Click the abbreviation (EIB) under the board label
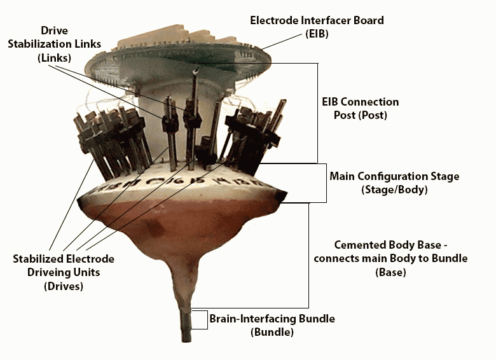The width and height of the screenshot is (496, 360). [316, 34]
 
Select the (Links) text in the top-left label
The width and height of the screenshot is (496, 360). [54, 57]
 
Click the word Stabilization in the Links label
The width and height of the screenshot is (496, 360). [54, 44]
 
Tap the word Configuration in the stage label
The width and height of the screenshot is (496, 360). [395, 176]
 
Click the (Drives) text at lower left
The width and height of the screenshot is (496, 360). [64, 286]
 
